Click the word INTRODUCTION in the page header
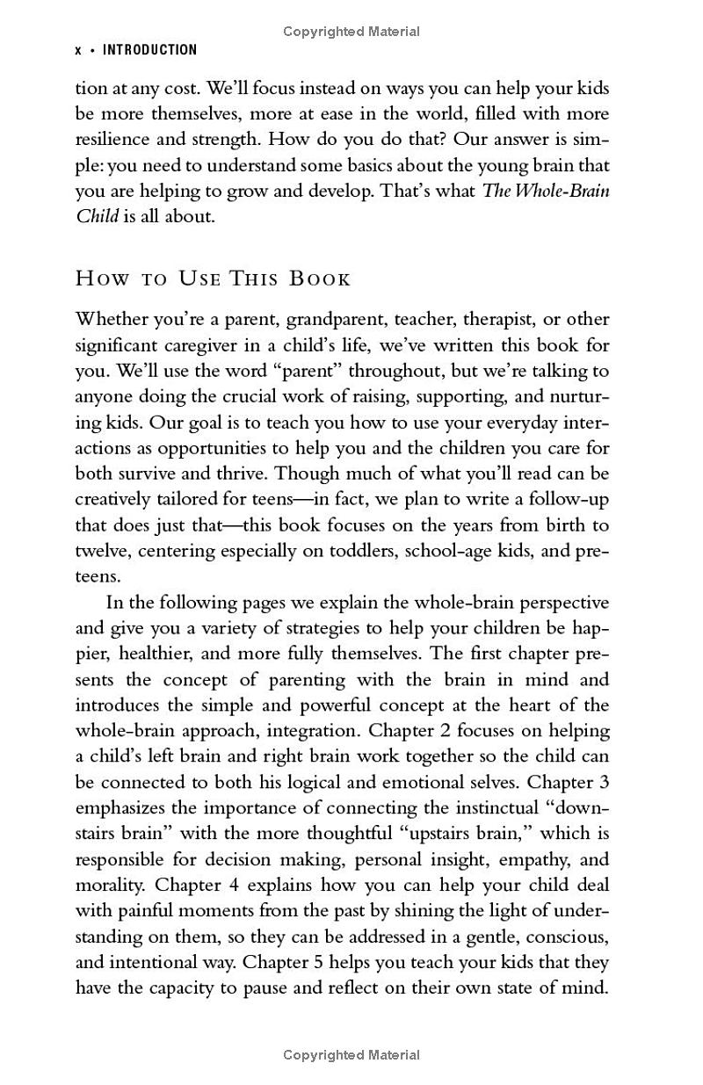coord(150,50)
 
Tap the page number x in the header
coord(78,51)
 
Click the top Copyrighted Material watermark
coord(351,32)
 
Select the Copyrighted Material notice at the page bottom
coord(351,1055)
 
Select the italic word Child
coord(97,217)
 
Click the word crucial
coord(231,397)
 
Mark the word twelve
coord(99,552)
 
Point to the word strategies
coord(287,629)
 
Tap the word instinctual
coord(472,807)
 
